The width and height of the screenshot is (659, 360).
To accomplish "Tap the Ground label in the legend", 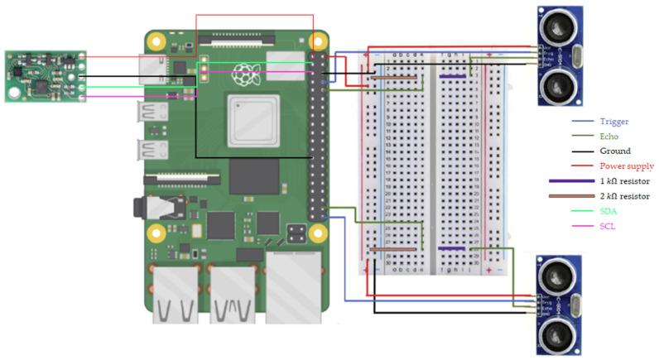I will pos(614,151).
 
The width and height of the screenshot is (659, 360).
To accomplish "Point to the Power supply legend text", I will pos(626,166).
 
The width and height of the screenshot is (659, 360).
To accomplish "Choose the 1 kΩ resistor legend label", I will pos(623,181).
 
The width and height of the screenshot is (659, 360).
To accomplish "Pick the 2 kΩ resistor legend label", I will pos(623,196).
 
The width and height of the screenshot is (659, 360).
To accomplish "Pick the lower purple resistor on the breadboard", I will pos(451,248).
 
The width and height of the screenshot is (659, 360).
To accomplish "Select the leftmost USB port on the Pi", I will pos(176,294).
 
